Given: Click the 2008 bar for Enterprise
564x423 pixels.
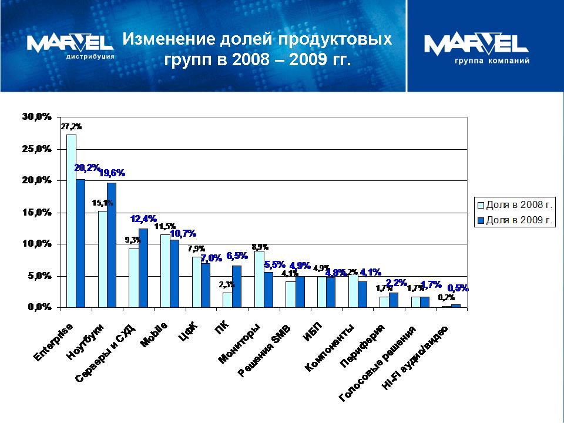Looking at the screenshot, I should point(71,220).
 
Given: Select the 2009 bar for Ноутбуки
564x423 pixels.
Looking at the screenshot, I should point(112,244).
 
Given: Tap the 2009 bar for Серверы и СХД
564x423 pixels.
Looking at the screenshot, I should point(143,267).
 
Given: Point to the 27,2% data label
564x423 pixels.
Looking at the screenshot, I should point(71,126).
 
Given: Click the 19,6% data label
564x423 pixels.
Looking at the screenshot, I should point(112,173).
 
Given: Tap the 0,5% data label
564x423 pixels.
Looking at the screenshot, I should point(458,288).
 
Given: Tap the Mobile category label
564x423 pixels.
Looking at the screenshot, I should point(154,335).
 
